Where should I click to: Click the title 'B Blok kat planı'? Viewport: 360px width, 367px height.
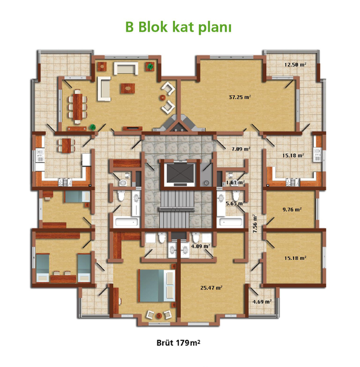click(x=178, y=28)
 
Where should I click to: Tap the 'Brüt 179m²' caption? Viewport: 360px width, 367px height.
click(x=178, y=343)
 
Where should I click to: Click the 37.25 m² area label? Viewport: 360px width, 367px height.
click(x=240, y=97)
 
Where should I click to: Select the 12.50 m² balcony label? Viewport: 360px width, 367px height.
click(x=295, y=64)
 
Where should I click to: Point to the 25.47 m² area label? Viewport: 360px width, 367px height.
click(x=211, y=288)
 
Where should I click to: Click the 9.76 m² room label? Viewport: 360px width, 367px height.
click(x=292, y=210)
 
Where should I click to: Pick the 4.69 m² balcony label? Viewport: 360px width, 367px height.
click(x=262, y=302)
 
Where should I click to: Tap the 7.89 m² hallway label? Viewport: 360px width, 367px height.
click(x=241, y=148)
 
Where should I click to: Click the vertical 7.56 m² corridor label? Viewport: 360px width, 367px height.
click(x=255, y=223)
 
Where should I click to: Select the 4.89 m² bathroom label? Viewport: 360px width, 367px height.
click(x=200, y=246)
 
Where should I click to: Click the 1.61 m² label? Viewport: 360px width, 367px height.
click(x=235, y=182)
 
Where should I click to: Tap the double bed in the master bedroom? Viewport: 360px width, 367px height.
click(x=157, y=286)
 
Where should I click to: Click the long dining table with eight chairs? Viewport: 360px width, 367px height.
click(x=77, y=107)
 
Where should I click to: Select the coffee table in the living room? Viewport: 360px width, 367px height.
click(x=128, y=88)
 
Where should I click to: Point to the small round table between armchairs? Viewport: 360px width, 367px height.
click(x=163, y=98)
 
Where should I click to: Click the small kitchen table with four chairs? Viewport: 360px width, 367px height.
click(x=66, y=145)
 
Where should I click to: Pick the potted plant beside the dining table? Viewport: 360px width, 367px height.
click(x=93, y=127)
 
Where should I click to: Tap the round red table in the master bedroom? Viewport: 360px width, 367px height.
click(x=159, y=316)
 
